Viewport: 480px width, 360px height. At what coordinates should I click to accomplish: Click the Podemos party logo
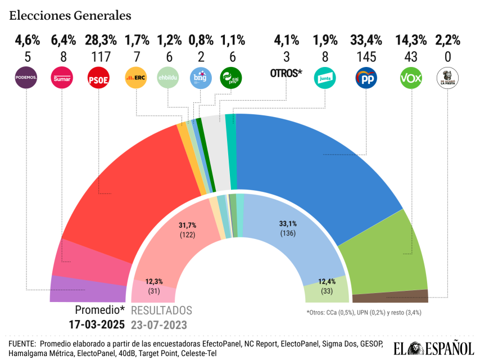point(25,77)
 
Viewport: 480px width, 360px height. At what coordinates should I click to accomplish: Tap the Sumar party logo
point(60,77)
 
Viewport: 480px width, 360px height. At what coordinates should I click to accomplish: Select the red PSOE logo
point(98,78)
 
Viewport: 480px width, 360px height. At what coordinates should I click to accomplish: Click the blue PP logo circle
point(366,78)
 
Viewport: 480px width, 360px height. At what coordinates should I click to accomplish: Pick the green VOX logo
point(411,78)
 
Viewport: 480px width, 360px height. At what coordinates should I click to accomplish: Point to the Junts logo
point(325,78)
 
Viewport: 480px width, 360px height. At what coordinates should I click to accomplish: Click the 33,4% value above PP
point(366,40)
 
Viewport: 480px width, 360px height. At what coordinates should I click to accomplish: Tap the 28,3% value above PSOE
point(101,40)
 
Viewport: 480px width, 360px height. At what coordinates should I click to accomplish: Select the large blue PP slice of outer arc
point(315,169)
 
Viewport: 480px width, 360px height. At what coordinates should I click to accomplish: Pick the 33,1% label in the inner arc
point(288,223)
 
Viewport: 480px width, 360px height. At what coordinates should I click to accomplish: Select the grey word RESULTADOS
point(161,310)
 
